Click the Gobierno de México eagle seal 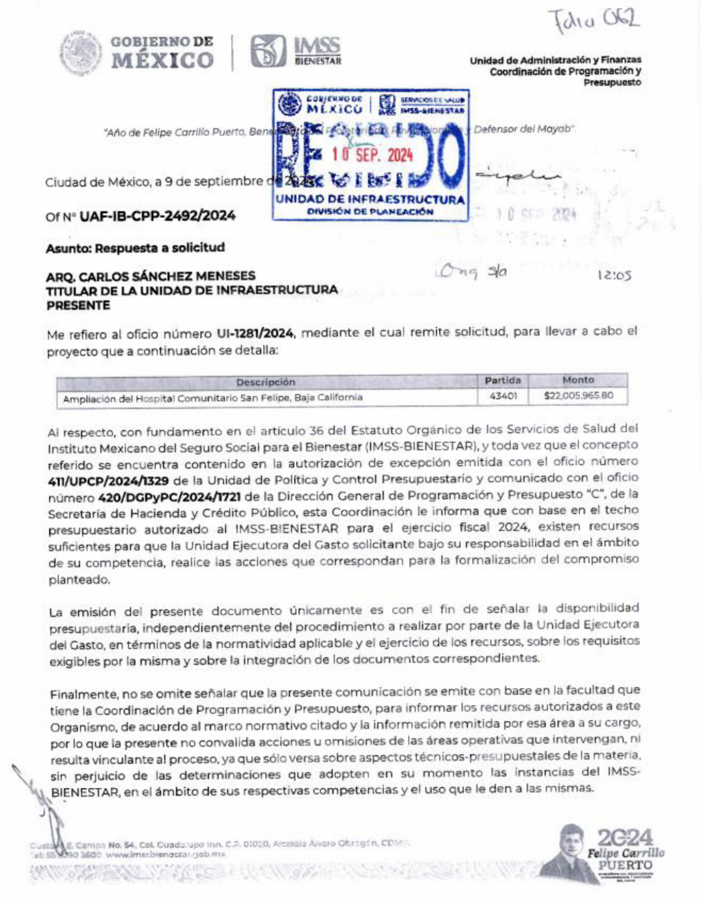(81, 53)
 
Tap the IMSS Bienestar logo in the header (296, 52)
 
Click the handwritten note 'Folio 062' (593, 20)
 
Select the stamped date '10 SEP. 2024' (373, 155)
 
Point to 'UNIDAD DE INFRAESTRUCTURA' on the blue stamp (370, 199)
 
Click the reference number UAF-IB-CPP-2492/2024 (157, 216)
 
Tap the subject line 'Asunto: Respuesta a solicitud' (135, 248)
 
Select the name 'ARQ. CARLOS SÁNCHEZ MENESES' (151, 276)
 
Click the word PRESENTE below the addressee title (78, 306)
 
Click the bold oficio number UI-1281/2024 (255, 333)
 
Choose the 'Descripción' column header (265, 382)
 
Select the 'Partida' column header (503, 380)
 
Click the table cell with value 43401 (503, 396)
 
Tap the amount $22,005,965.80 (578, 396)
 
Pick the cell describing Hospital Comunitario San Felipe (213, 398)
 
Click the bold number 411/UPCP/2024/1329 (108, 480)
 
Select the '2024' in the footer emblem (625, 837)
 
